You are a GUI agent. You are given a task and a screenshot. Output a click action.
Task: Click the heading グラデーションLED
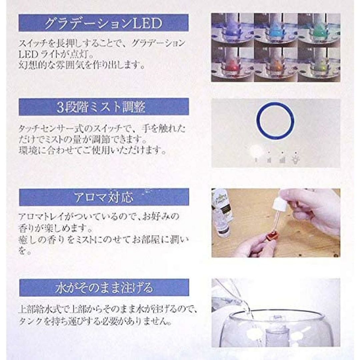click(103, 23)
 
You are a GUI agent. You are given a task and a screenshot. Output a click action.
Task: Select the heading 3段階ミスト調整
click(101, 107)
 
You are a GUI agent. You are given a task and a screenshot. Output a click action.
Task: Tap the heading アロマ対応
click(104, 197)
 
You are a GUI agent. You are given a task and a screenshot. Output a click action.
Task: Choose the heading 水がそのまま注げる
click(104, 288)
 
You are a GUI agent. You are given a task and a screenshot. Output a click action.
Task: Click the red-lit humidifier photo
click(232, 64)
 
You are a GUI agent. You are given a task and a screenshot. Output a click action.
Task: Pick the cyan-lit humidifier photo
click(276, 30)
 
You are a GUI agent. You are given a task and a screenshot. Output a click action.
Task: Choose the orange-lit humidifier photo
click(276, 64)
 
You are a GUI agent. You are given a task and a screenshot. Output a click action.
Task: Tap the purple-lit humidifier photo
click(232, 30)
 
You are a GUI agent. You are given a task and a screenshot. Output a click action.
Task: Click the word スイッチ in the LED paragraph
click(34, 43)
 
